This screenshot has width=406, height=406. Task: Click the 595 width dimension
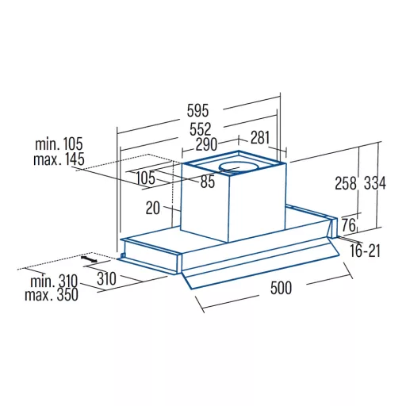(197, 110)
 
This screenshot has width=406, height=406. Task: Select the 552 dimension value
(201, 129)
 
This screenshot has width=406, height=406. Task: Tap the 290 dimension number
(206, 144)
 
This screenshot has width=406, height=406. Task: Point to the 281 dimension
(260, 137)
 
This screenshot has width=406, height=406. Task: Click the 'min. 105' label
(59, 144)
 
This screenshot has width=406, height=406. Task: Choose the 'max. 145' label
(59, 159)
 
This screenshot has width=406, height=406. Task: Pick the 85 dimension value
(208, 182)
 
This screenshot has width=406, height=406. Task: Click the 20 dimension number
(153, 208)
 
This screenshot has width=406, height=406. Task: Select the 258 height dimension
(346, 183)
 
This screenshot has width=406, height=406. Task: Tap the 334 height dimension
(375, 183)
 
